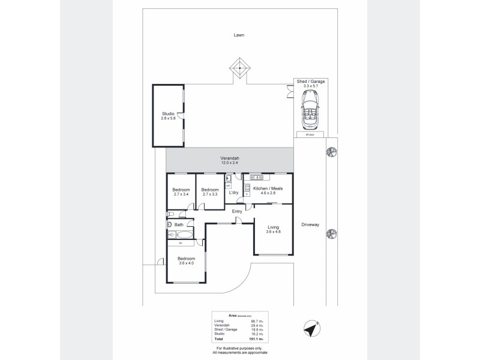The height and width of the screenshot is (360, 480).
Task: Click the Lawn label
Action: click(239, 35)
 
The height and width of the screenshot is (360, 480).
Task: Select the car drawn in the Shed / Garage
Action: click(310, 111)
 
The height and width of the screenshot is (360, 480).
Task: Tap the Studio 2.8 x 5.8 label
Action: click(168, 116)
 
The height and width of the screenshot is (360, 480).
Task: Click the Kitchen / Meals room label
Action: click(268, 191)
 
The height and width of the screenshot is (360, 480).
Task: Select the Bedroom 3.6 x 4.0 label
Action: click(186, 261)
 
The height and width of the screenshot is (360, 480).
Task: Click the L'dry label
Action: click(233, 193)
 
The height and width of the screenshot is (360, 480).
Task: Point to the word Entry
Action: click(237, 211)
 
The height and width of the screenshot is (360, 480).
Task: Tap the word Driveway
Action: click(310, 224)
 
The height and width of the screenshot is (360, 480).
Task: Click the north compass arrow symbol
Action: click(311, 329)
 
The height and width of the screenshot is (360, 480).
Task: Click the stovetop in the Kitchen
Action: click(247, 187)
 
